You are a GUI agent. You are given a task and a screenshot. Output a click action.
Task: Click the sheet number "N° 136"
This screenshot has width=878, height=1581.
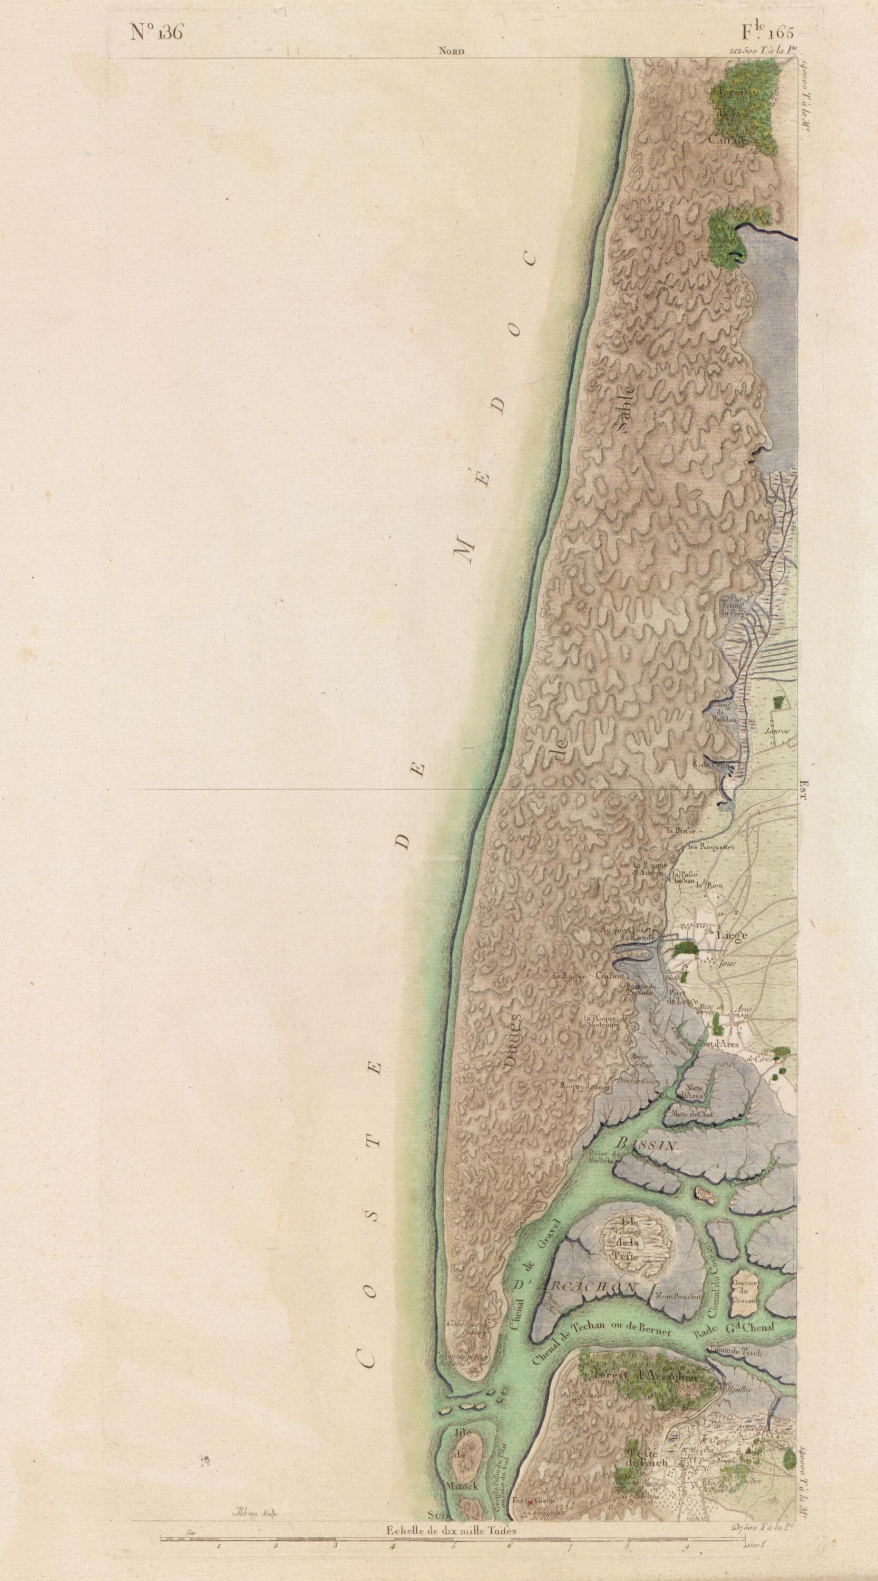point(157,33)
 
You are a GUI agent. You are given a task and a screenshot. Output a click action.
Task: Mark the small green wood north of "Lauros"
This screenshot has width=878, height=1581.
point(778,702)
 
